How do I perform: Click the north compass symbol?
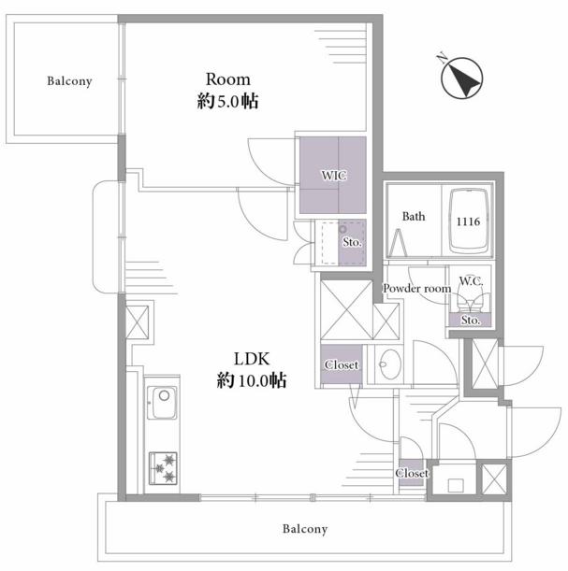(x=462, y=78)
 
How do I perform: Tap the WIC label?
(x=334, y=176)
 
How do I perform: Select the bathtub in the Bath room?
(x=469, y=221)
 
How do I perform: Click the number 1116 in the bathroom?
(x=469, y=221)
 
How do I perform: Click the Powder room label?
(x=416, y=289)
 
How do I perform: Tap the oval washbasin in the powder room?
(x=389, y=364)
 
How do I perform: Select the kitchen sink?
(x=162, y=403)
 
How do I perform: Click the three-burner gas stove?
(x=163, y=468)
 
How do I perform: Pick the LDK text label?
(x=252, y=359)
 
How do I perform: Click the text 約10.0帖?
(x=252, y=380)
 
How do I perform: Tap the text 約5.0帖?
(x=228, y=101)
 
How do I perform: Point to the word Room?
(x=228, y=79)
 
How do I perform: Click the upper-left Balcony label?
(x=69, y=81)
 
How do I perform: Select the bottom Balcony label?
(x=305, y=529)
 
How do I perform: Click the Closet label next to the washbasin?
(x=342, y=364)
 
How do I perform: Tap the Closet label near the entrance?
(x=412, y=473)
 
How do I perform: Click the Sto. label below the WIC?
(x=352, y=242)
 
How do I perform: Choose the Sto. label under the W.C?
(x=471, y=321)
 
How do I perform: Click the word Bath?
(x=414, y=216)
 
